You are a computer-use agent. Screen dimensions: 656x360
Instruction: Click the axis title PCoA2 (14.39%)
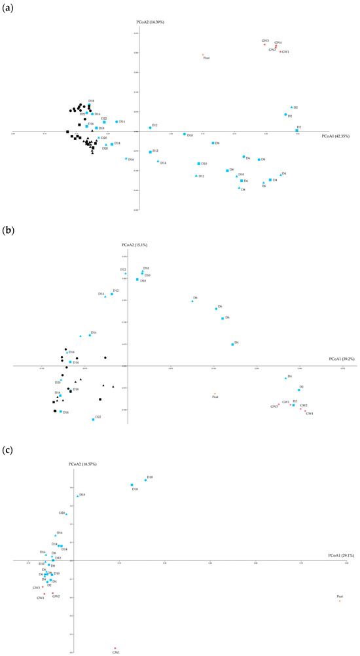click(x=150, y=22)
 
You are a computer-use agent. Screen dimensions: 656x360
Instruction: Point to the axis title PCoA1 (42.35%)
click(x=336, y=136)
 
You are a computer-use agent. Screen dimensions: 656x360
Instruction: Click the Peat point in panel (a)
click(x=203, y=54)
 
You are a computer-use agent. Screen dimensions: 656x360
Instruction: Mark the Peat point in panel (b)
click(x=215, y=393)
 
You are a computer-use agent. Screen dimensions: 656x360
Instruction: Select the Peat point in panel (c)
click(x=340, y=600)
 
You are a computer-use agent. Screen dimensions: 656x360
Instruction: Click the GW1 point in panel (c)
click(x=115, y=648)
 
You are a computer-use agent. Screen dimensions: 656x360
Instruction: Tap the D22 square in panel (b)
click(x=94, y=420)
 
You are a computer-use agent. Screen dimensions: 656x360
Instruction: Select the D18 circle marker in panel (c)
click(x=145, y=480)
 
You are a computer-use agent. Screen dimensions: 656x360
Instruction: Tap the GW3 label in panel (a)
click(x=264, y=41)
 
